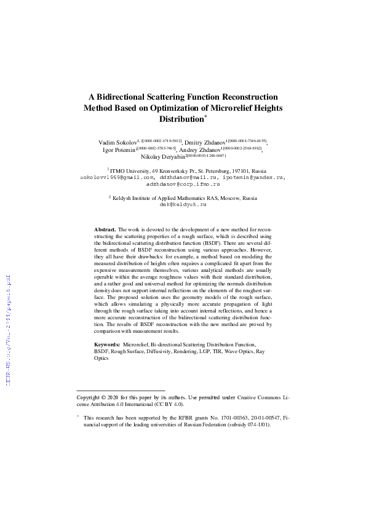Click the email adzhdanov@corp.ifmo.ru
coord(182,184)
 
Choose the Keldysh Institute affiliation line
coord(183,198)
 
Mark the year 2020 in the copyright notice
coord(123,397)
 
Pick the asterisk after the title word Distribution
coord(206,116)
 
